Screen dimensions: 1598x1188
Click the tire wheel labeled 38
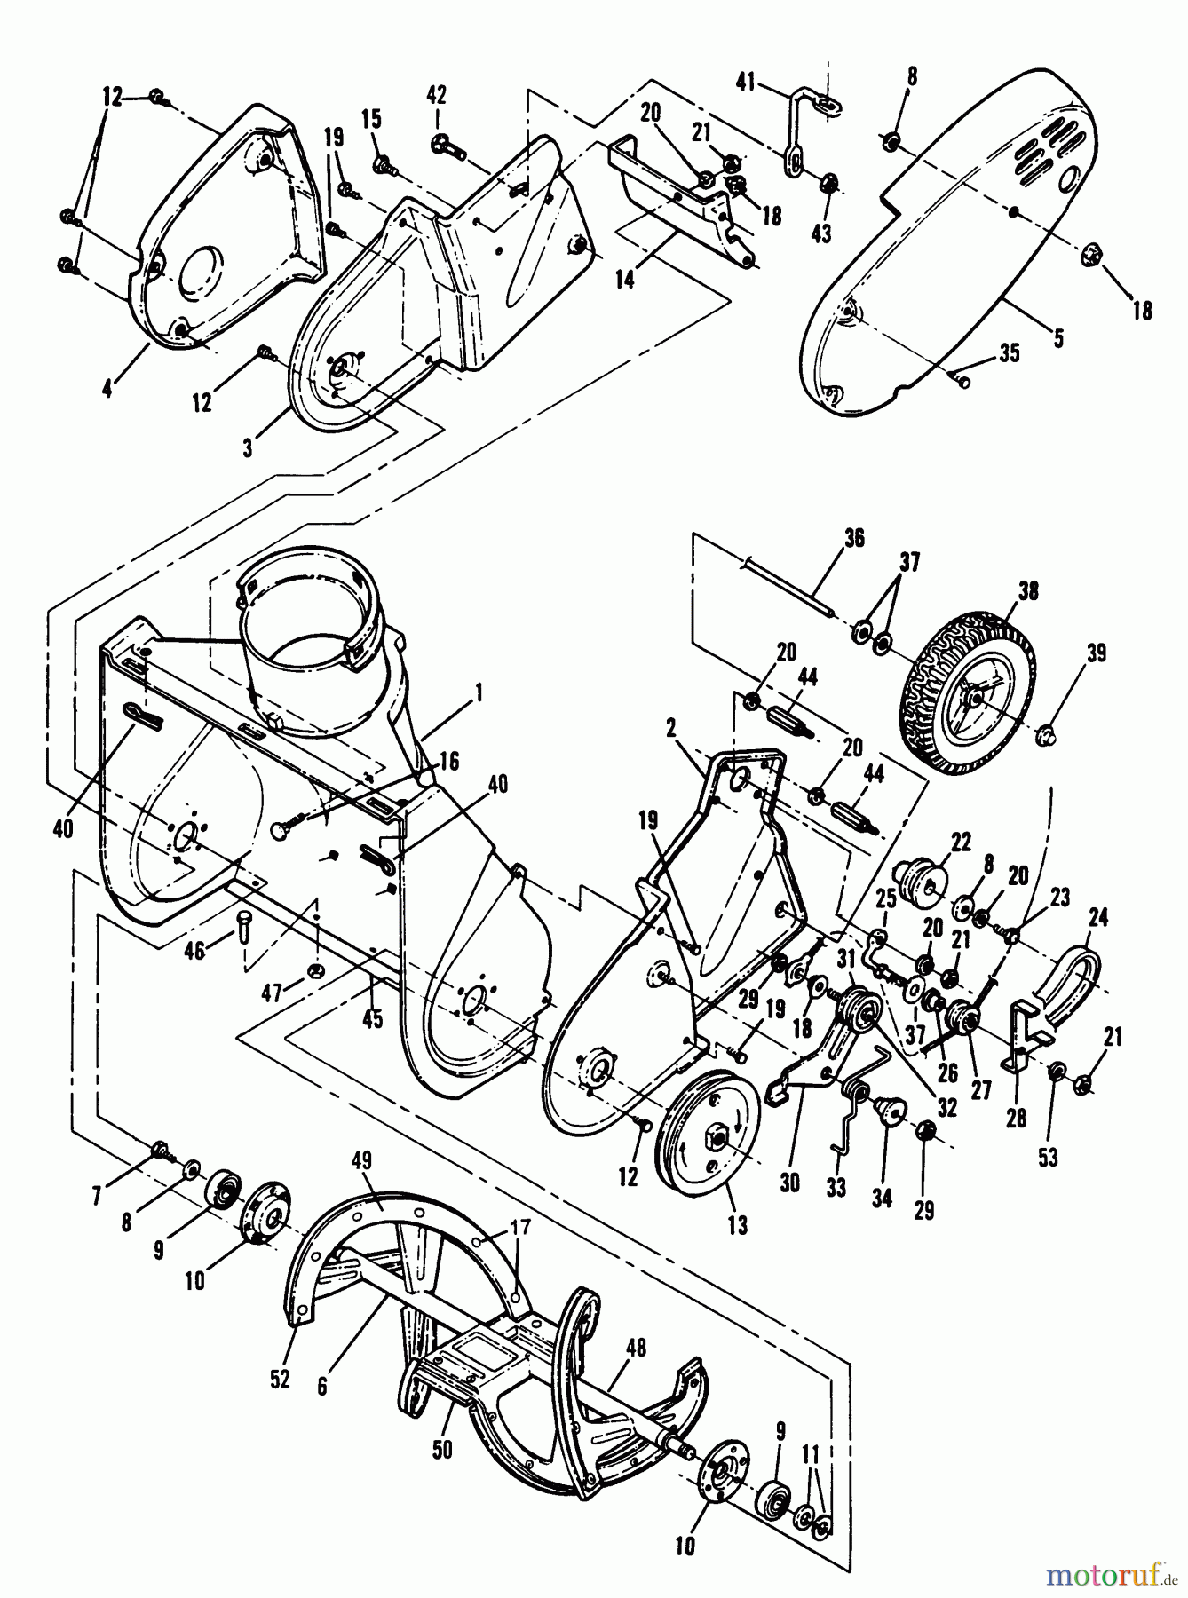(963, 680)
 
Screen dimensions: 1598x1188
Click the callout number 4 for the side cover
(107, 389)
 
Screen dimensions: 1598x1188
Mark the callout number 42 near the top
(436, 96)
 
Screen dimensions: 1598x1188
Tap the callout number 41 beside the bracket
(745, 83)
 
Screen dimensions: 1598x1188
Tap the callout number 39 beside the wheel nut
(1095, 653)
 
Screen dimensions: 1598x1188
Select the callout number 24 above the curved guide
(1097, 917)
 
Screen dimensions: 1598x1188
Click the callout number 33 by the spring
(835, 1186)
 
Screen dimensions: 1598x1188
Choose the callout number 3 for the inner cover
(248, 448)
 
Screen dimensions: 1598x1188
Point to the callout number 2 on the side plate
(670, 728)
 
